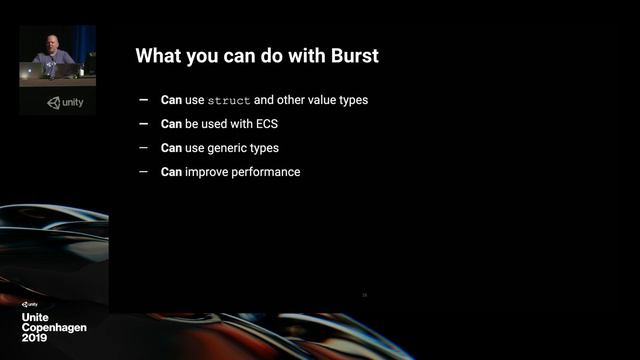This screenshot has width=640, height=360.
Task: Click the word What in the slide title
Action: (160, 56)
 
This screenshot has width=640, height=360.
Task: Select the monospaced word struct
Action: (229, 101)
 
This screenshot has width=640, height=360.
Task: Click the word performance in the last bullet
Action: (264, 172)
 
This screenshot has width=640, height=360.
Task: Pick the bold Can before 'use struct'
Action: (170, 100)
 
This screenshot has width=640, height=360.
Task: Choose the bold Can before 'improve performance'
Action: (170, 172)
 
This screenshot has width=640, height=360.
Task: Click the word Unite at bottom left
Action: (36, 317)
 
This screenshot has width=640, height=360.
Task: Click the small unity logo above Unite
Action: (29, 304)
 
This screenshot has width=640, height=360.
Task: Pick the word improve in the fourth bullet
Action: (203, 172)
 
